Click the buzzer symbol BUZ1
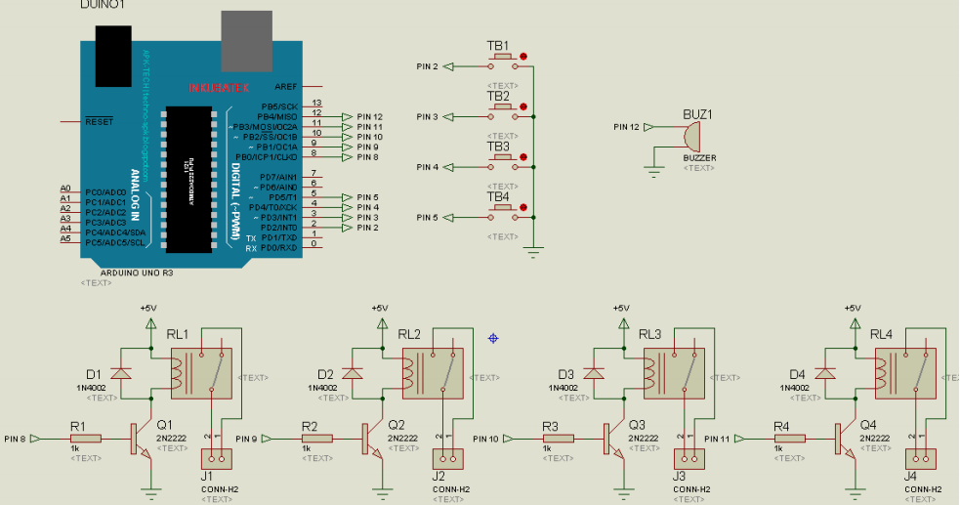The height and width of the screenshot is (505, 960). [690, 135]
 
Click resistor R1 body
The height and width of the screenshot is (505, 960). [85, 439]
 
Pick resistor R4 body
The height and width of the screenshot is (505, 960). [790, 439]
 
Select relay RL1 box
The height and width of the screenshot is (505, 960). [202, 372]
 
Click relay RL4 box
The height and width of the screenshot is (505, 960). [905, 372]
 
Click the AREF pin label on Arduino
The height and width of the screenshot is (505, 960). [285, 86]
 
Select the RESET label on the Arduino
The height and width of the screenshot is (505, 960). [99, 122]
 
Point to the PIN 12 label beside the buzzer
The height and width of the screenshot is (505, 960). [626, 127]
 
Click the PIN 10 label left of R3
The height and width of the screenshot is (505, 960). [485, 439]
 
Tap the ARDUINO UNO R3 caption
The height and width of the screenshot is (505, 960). [129, 273]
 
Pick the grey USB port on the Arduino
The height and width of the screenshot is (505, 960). [246, 39]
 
